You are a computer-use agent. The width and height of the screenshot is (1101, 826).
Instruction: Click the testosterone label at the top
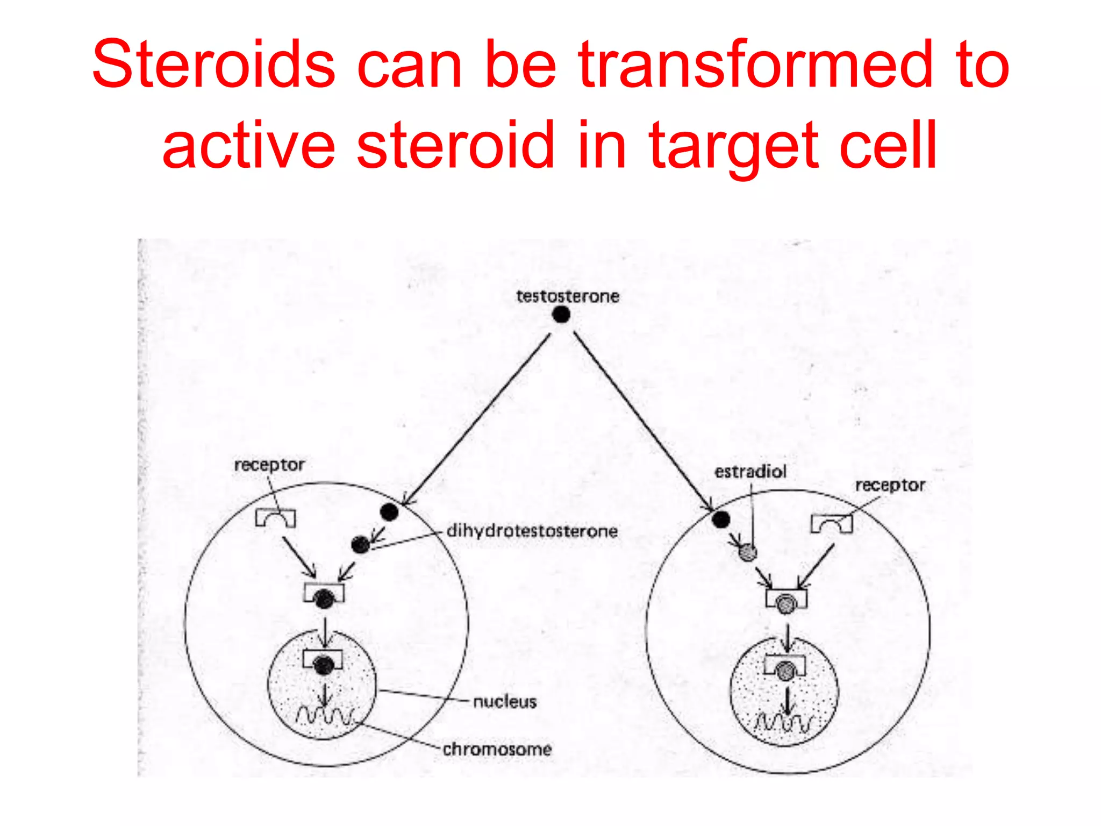coord(568,296)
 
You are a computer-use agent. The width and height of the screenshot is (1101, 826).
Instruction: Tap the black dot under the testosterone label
coord(561,315)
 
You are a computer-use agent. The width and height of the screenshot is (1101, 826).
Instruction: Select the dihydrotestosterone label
coord(532,531)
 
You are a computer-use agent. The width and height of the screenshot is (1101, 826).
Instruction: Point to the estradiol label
coord(750,472)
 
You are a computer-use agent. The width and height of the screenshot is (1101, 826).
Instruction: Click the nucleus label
coord(505,702)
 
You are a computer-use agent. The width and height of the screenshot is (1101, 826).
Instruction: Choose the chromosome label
coord(497,749)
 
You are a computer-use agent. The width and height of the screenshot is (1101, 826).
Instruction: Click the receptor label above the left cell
coord(269,465)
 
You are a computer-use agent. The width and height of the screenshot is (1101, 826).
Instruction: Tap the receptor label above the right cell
coord(890,485)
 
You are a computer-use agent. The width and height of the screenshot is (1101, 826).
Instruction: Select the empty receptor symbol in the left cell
coord(275,518)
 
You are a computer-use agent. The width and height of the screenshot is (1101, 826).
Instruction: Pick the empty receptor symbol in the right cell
coord(832,523)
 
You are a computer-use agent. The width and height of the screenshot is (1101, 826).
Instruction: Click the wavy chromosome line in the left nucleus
coord(325,716)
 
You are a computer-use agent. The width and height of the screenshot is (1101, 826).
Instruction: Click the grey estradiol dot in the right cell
coord(747,552)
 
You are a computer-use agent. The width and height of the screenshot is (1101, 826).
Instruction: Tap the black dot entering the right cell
coord(721,519)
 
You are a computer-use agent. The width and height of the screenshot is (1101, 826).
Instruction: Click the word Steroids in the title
coord(214,65)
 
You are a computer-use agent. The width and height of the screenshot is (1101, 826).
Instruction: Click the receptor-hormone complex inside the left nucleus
coord(323,663)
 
